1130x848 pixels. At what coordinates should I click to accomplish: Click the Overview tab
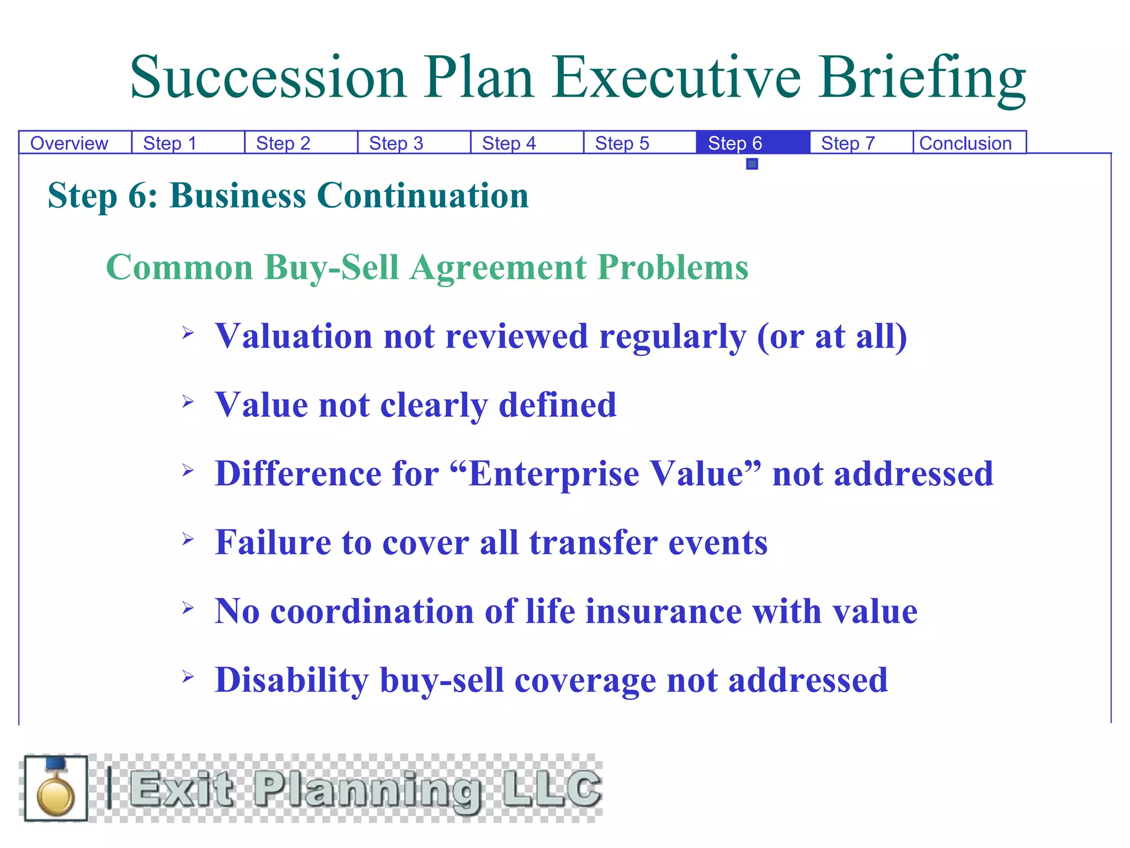pyautogui.click(x=70, y=143)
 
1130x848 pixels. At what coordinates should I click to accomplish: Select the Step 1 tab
pyautogui.click(x=170, y=143)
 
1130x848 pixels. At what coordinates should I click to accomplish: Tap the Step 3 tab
pyautogui.click(x=396, y=143)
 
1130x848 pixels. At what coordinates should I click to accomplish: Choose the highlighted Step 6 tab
pyautogui.click(x=735, y=143)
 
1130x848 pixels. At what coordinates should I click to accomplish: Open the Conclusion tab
pyautogui.click(x=966, y=143)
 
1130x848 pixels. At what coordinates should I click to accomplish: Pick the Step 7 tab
pyautogui.click(x=848, y=143)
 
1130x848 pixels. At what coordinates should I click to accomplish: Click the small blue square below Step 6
pyautogui.click(x=752, y=164)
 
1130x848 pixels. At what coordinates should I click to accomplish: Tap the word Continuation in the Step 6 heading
pyautogui.click(x=423, y=195)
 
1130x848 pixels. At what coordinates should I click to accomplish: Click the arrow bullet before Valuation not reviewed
pyautogui.click(x=188, y=332)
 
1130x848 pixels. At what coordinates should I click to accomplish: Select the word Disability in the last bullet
pyautogui.click(x=292, y=680)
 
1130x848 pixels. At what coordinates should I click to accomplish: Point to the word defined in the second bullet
pyautogui.click(x=557, y=405)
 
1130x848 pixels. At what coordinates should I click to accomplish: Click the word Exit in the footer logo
pyautogui.click(x=182, y=788)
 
